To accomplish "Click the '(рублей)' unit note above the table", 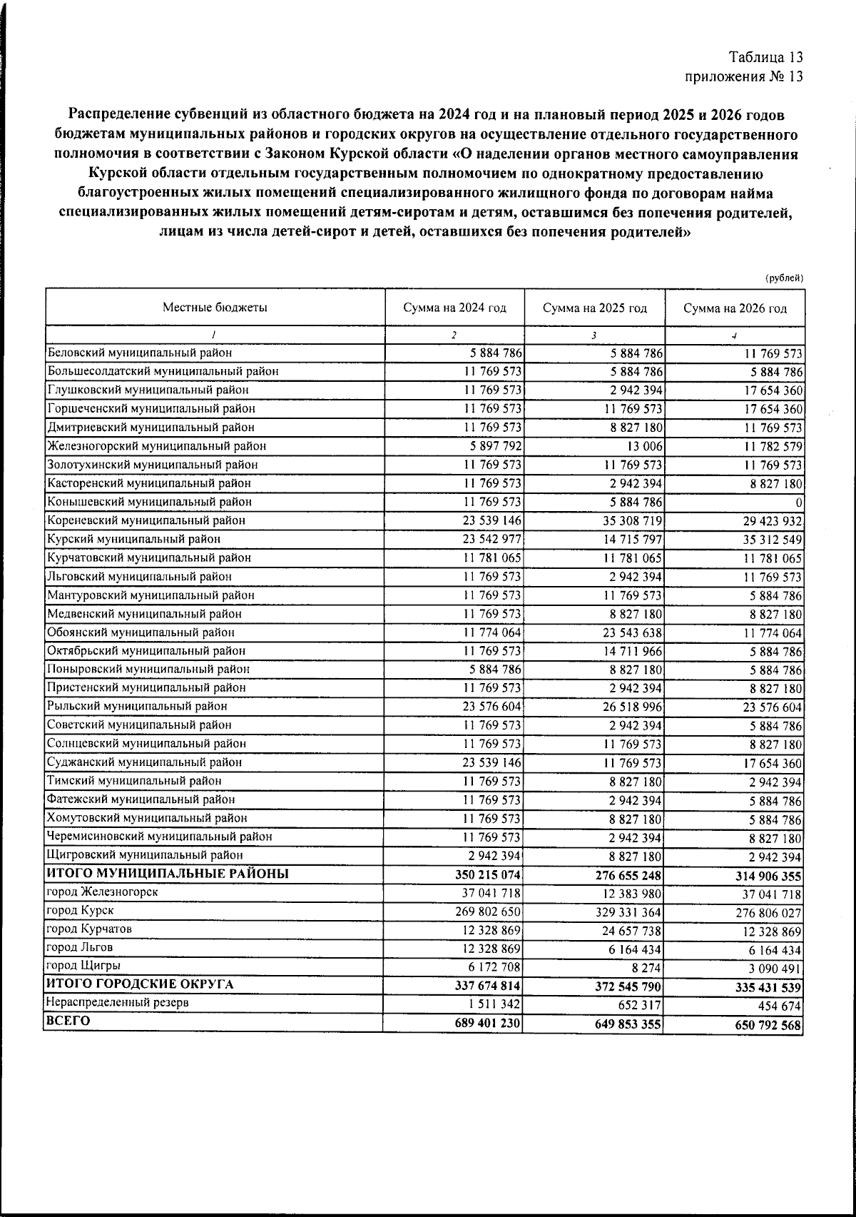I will point(784,278).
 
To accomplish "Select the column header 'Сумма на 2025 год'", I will point(594,308).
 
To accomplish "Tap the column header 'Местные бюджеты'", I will point(215,308).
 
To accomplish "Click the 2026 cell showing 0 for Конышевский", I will point(799,503).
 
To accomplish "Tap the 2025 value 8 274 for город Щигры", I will point(646,969).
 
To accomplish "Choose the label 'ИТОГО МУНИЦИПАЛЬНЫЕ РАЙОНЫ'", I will point(168,874).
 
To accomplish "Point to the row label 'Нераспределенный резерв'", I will point(117,1002).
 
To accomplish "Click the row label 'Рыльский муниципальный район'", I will point(137,707).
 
